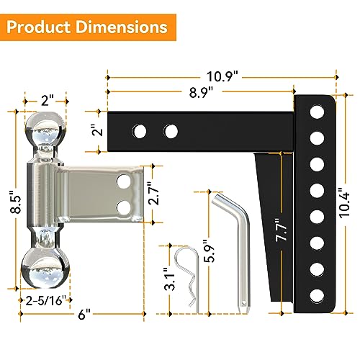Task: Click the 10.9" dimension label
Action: [x=221, y=75]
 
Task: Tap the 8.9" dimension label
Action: [x=201, y=91]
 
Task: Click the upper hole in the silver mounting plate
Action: [x=126, y=183]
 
